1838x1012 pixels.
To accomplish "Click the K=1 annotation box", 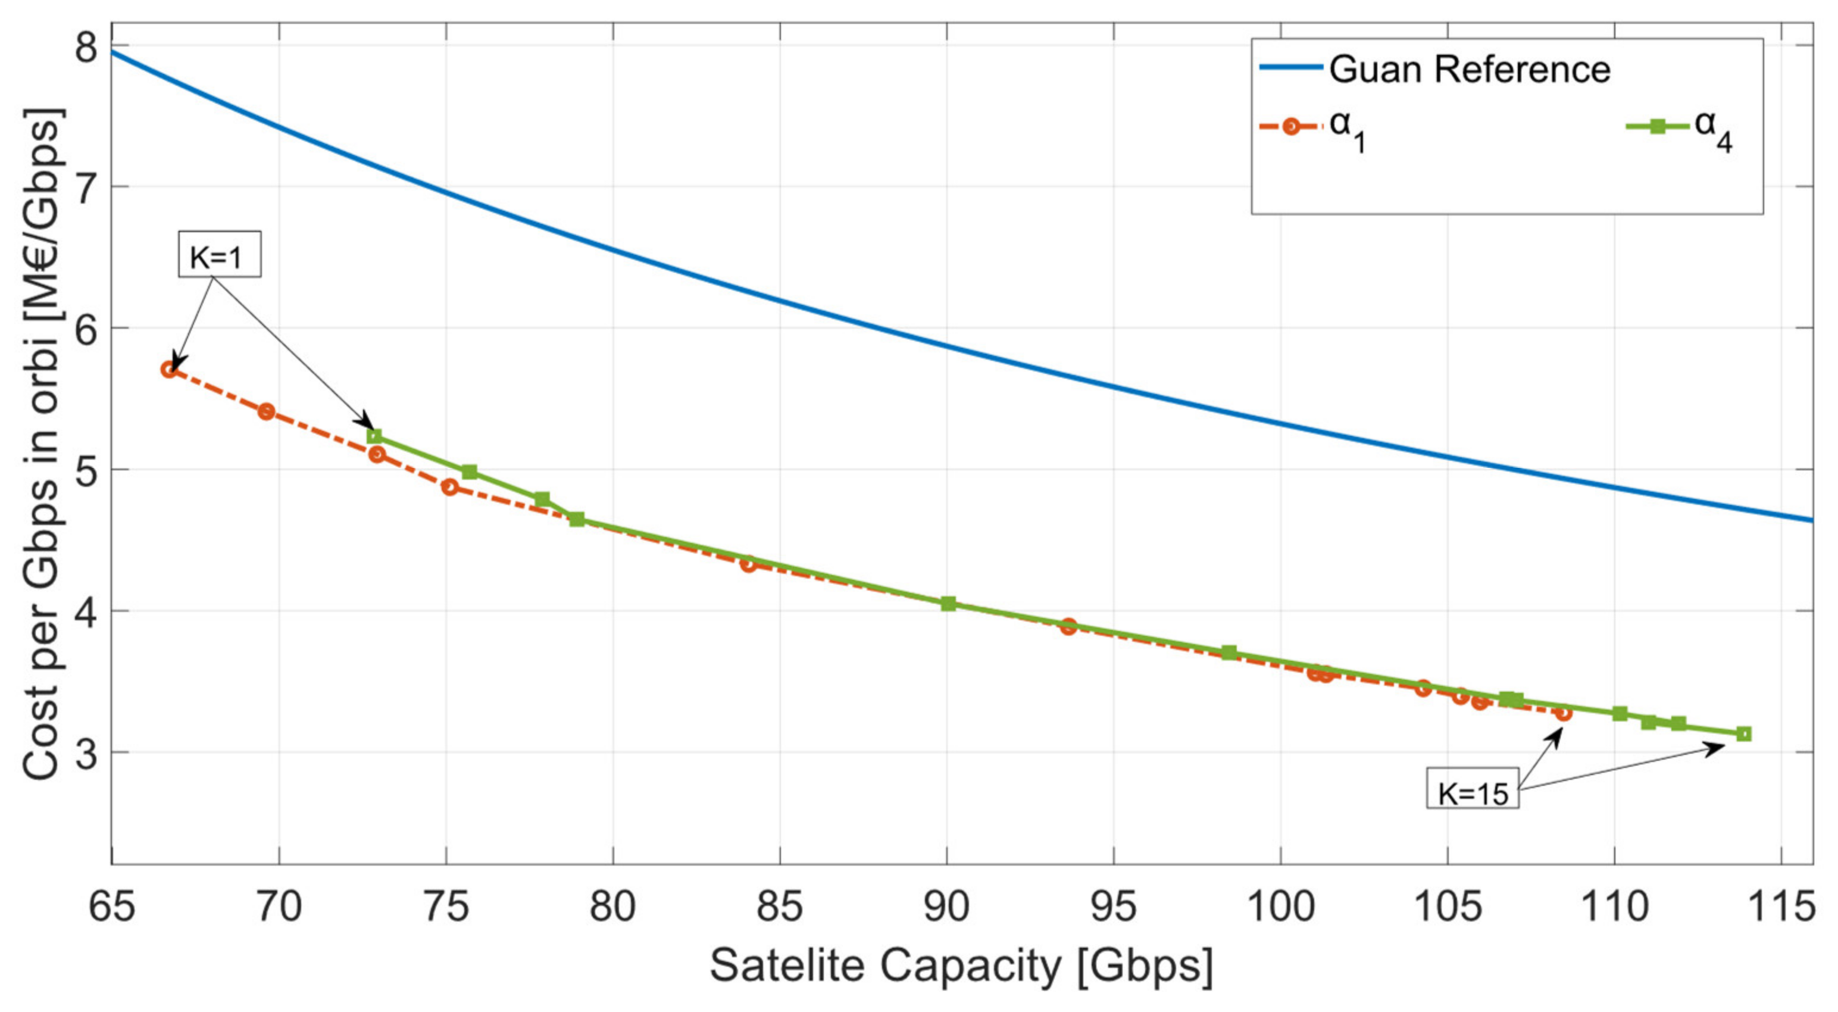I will [x=219, y=254].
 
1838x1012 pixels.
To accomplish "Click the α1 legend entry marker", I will [x=1290, y=127].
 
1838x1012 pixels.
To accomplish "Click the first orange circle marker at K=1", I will [x=169, y=369].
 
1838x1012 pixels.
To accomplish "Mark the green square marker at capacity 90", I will [x=948, y=604].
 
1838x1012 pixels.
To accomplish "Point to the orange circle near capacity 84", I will [x=748, y=564].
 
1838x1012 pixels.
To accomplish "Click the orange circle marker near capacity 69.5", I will [x=266, y=411].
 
